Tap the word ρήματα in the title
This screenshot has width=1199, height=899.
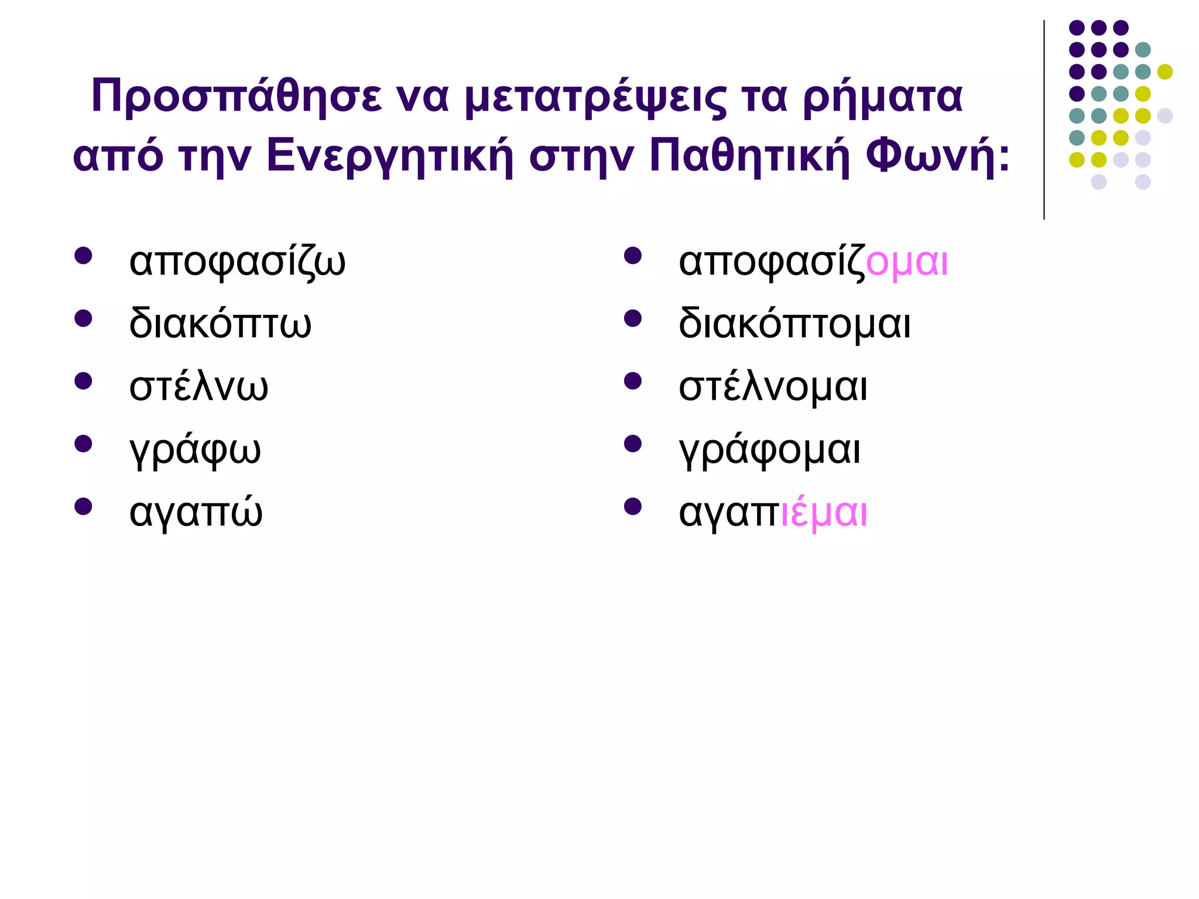coord(882,97)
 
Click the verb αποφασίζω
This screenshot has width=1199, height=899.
coord(237,262)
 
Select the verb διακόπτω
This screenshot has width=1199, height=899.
coord(220,324)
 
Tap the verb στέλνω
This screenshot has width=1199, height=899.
coord(198,387)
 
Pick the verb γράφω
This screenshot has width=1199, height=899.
coord(195,450)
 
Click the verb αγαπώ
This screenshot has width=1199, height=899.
coord(196,512)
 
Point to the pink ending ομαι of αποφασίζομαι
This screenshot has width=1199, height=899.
coord(907,262)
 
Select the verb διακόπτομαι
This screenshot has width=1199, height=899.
coord(794,324)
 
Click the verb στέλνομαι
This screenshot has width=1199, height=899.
coord(773,387)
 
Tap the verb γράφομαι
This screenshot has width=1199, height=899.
coord(769,450)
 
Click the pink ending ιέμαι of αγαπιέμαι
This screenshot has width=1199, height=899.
coord(824,513)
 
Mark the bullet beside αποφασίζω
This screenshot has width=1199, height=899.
coord(83,256)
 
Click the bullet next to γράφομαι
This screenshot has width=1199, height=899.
coord(633,444)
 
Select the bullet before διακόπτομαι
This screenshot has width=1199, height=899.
coord(633,318)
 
